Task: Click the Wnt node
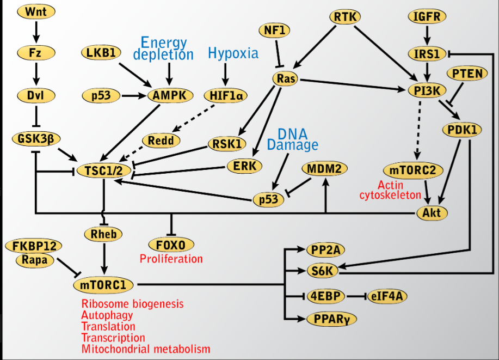[36, 12]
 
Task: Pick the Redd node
[161, 141]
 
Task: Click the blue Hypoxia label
[233, 53]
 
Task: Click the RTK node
[345, 16]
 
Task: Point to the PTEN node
[466, 74]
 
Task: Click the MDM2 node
[324, 169]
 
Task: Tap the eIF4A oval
[387, 296]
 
